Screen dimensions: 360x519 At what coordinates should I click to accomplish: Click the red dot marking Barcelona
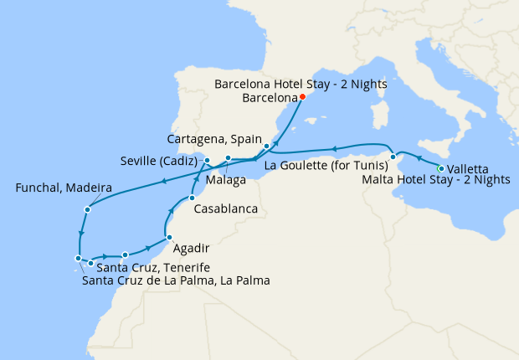click(302, 96)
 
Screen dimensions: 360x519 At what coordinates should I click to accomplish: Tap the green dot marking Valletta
click(441, 169)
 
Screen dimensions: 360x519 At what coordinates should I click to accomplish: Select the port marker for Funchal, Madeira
click(88, 208)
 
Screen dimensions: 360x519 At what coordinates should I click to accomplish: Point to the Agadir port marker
click(168, 238)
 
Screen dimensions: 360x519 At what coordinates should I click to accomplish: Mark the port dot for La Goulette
click(393, 156)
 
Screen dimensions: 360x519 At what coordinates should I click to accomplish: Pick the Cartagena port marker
click(266, 147)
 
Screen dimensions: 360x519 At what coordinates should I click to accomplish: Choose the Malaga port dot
click(228, 158)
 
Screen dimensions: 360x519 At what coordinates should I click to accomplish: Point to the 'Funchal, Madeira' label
click(63, 189)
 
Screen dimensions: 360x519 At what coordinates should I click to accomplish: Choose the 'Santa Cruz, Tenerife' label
click(147, 267)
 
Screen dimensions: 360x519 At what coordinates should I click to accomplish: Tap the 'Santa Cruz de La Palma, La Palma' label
click(176, 280)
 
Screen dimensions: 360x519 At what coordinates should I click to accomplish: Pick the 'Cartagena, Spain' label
click(214, 138)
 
